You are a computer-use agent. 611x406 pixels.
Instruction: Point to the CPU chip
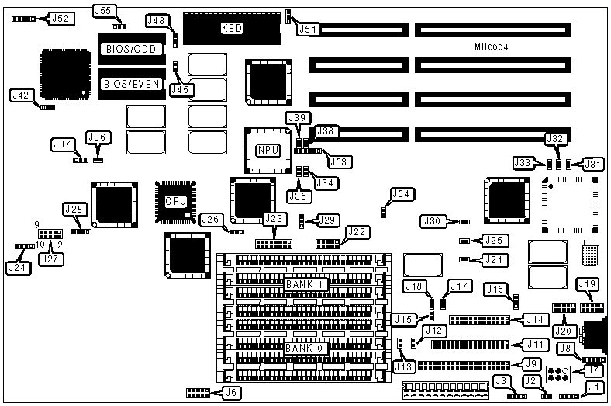[x=176, y=201]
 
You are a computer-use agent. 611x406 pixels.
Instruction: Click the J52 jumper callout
[x=60, y=18]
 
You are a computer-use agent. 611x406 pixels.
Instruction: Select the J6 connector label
[x=230, y=393]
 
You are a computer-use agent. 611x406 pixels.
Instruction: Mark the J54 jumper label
[x=402, y=194]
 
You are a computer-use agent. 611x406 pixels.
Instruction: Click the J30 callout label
[x=433, y=221]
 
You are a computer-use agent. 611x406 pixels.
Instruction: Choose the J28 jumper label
[x=74, y=209]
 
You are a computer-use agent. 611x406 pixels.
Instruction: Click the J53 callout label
[x=339, y=161]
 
